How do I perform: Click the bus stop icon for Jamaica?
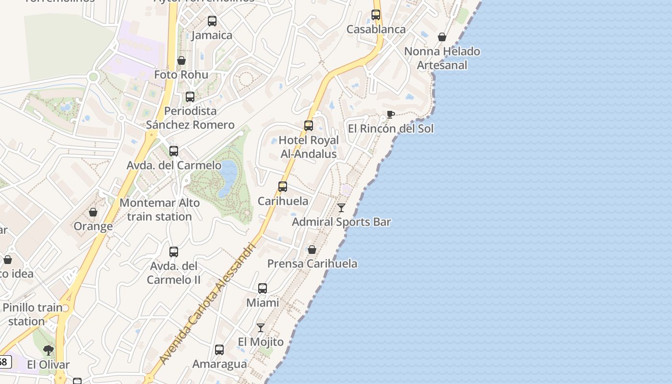point(212,21)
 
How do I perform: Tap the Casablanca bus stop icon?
point(376,15)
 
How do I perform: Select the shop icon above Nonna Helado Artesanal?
point(442,37)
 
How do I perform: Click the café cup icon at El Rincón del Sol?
point(391,114)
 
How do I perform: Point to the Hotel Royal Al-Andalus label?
point(309,147)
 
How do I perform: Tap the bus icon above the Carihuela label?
point(283,187)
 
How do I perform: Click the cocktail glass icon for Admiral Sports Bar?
point(341,208)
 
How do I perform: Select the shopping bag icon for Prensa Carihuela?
point(312,250)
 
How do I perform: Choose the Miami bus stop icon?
point(263,288)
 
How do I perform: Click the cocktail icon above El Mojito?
point(261,328)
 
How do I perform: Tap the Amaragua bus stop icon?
point(219,350)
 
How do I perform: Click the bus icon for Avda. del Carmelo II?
point(174,252)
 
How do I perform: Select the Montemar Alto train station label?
point(159,210)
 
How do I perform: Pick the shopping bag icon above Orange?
point(93,212)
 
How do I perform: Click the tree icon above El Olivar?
point(48,350)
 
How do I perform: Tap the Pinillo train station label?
point(32,314)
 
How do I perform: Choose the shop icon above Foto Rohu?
point(181,60)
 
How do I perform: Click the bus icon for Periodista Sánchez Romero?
point(190,97)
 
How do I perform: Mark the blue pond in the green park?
point(228,179)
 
